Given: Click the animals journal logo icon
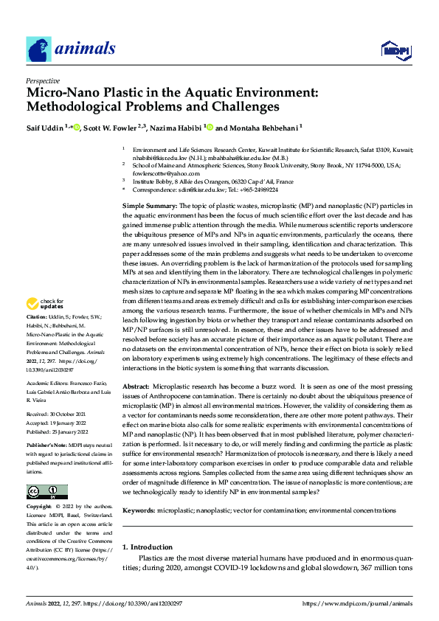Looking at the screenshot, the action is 39,49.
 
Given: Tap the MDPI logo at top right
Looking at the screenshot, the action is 395,49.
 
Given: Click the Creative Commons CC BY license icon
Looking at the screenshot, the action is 46,492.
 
